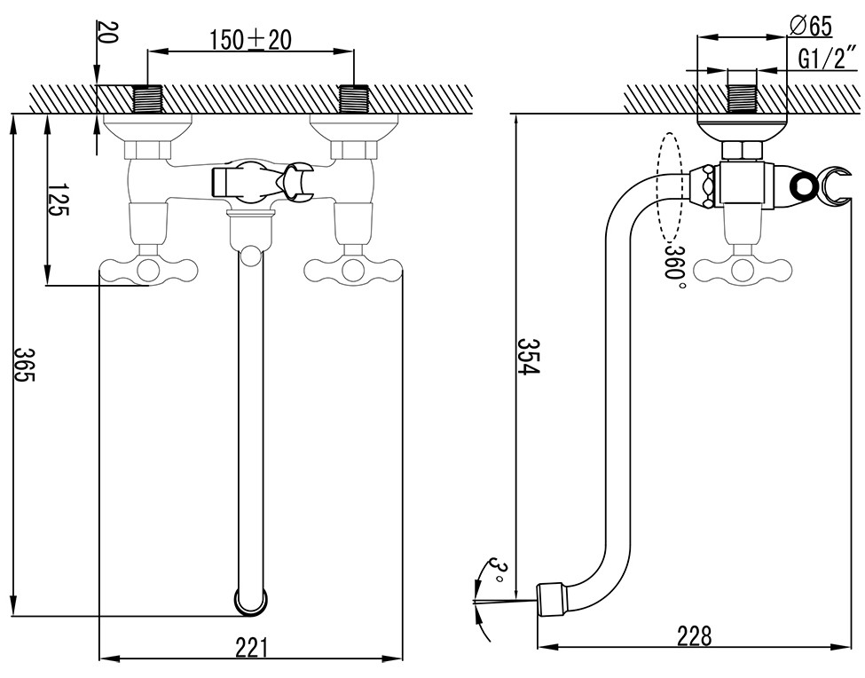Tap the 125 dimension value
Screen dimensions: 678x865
click(59, 200)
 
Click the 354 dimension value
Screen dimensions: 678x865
click(528, 356)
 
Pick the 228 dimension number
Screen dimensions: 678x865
click(693, 636)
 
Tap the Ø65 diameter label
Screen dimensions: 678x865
click(811, 26)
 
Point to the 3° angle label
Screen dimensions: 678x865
click(499, 572)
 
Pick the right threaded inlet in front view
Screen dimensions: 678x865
click(354, 99)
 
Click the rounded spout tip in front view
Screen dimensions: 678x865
click(251, 601)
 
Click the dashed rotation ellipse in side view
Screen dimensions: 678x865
click(669, 187)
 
